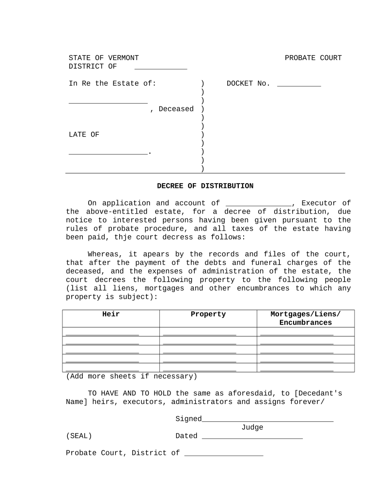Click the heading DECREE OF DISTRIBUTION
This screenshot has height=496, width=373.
click(205, 186)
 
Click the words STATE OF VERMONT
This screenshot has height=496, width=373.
click(104, 58)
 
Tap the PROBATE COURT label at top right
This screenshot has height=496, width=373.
click(313, 58)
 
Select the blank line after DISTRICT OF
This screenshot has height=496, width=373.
click(160, 68)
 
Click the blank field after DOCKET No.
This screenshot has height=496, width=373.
click(299, 85)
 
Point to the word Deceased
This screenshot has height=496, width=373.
click(176, 109)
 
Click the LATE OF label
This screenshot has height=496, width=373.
click(84, 135)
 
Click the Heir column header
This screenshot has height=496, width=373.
click(111, 314)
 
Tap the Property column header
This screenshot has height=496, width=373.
click(208, 314)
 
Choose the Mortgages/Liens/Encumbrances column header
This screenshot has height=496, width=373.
click(306, 318)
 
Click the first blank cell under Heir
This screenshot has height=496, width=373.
click(102, 333)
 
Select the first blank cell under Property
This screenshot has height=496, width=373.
click(200, 333)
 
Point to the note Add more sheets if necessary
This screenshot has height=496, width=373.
click(131, 376)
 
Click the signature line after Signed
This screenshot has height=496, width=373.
click(268, 420)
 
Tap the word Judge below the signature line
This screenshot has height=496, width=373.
click(252, 427)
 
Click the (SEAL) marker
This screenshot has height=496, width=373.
click(79, 436)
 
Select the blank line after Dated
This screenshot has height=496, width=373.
click(252, 437)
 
